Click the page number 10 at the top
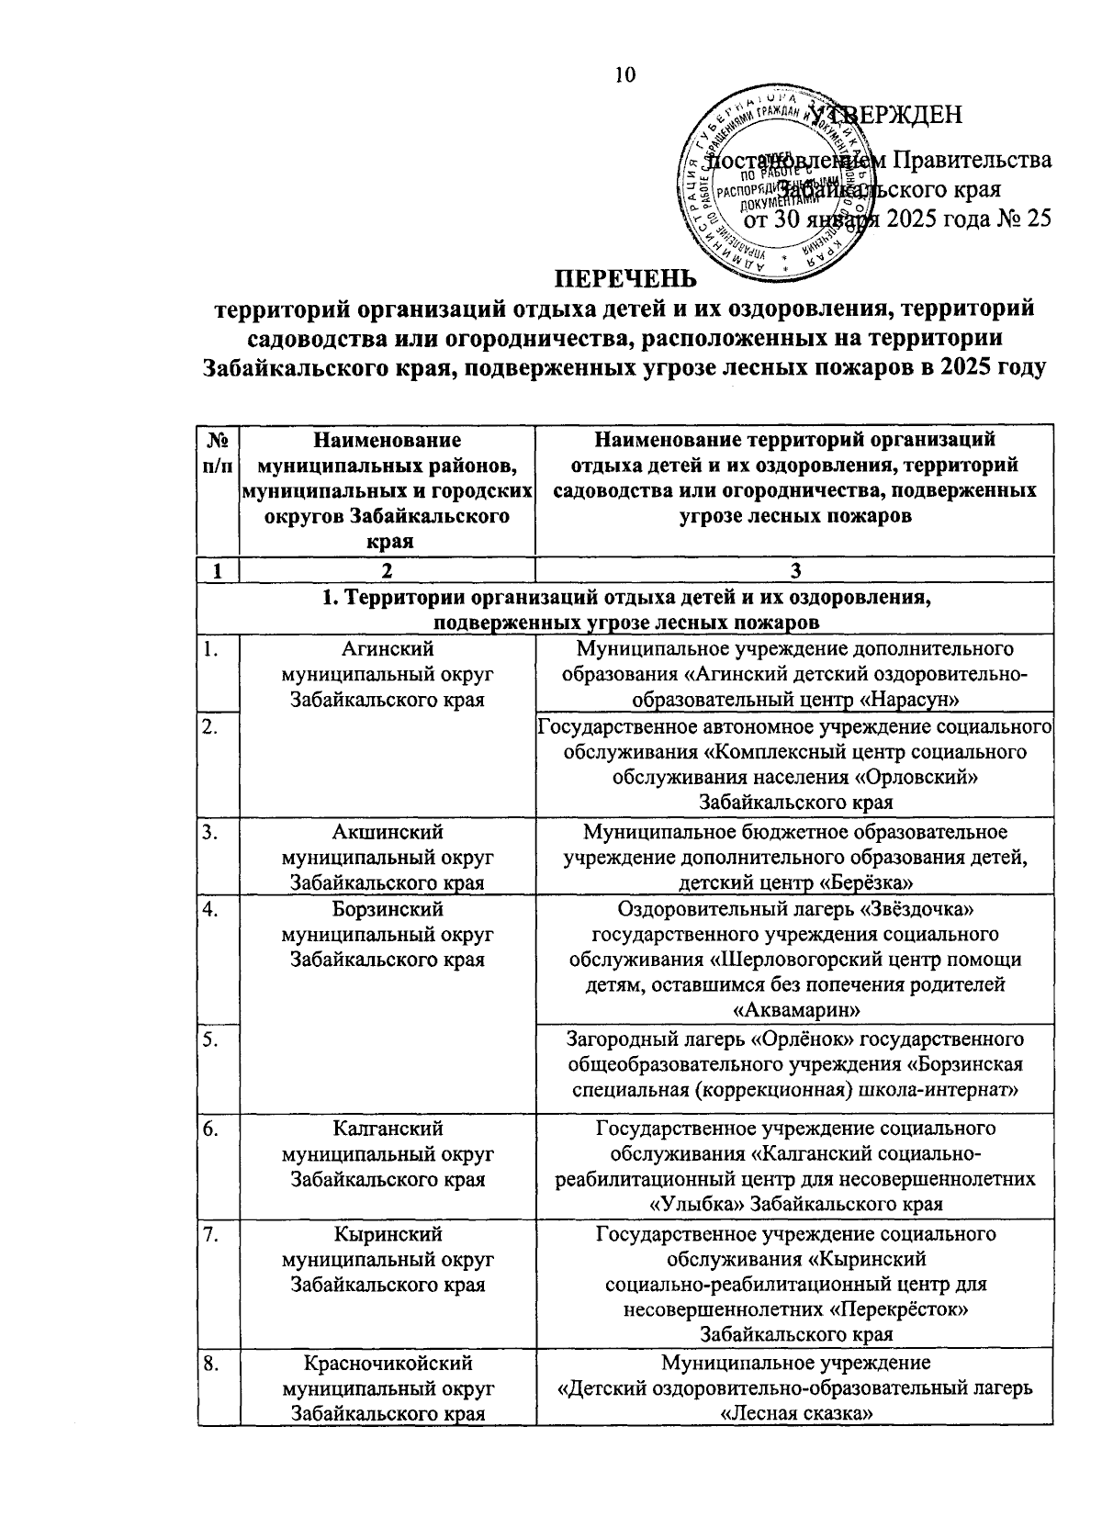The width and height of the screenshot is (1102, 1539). [x=625, y=76]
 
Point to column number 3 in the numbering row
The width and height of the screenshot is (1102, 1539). [x=795, y=570]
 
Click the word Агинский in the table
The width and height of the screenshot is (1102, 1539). [x=387, y=649]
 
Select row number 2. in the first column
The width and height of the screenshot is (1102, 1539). [x=211, y=728]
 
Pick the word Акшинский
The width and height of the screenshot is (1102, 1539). [x=387, y=832]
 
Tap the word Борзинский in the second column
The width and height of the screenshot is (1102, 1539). [x=387, y=909]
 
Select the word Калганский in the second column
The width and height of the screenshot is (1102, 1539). [x=387, y=1128]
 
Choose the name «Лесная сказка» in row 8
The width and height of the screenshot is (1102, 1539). [x=795, y=1413]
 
